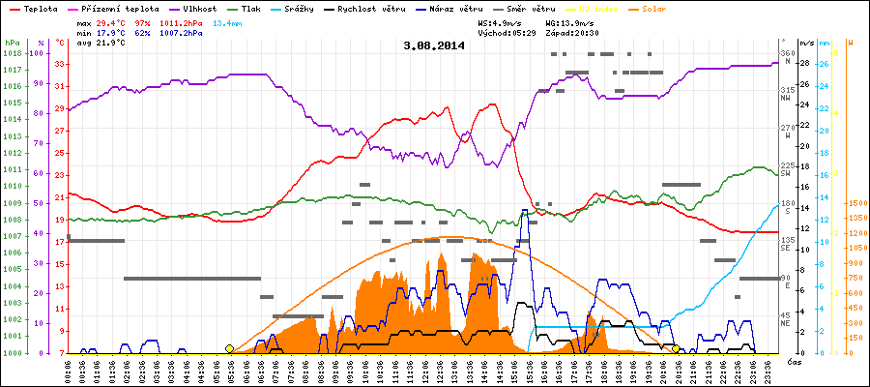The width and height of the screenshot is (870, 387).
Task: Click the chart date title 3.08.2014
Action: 434,45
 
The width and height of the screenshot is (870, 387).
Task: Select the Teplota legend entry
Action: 41,9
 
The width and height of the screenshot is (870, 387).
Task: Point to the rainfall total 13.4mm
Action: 228,21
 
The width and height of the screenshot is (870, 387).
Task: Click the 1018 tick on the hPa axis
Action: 12,53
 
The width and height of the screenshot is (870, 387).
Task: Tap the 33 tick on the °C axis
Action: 60,64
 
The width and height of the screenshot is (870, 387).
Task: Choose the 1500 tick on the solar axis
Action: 855,204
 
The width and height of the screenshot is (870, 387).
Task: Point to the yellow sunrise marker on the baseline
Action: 229,348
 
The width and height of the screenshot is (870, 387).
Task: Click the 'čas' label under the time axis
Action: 793,363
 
